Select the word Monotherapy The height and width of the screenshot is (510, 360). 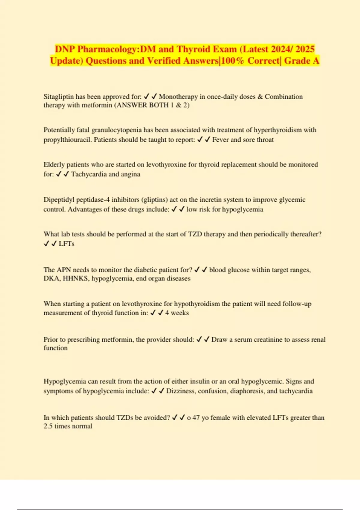click(178, 97)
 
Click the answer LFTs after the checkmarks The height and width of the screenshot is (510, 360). click(67, 244)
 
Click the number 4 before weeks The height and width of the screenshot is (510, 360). click(167, 313)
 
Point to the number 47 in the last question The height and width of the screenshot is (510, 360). click(196, 418)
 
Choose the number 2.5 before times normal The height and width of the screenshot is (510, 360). click(48, 426)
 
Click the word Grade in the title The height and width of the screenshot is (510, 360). click(297, 61)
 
